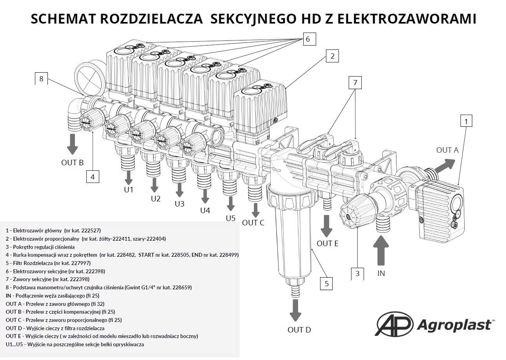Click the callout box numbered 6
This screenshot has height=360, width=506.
coord(309,39)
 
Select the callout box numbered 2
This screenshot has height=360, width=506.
coord(332,56)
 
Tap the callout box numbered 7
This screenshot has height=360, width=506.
coord(355,82)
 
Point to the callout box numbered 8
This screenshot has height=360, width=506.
coord(41,79)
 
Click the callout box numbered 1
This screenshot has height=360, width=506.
coord(466,121)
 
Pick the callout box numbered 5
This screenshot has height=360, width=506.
coord(326,283)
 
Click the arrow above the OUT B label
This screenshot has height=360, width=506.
coord(73,144)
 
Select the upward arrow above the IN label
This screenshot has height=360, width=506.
coord(381,250)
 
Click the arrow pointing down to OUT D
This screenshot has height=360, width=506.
coord(295,311)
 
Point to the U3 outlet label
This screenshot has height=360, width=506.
coord(180,204)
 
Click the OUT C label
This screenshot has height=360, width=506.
coord(253,223)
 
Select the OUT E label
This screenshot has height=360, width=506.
coord(328,243)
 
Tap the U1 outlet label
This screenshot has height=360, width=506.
coord(129,190)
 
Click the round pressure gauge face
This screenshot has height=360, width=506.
coord(90,78)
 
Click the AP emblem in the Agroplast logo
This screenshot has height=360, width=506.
coord(394,324)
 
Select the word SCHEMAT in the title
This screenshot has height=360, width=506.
coord(64,19)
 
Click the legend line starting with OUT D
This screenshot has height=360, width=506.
coord(55,328)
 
